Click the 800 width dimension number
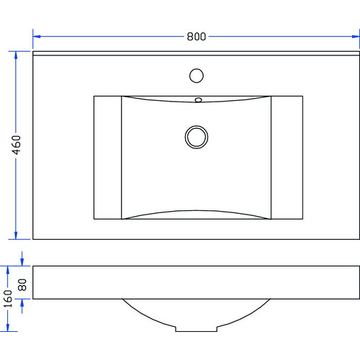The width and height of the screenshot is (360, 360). click(x=197, y=36)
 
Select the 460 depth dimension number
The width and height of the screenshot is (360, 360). click(x=17, y=144)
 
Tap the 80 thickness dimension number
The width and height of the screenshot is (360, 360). click(x=22, y=284)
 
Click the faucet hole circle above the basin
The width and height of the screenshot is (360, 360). click(x=196, y=74)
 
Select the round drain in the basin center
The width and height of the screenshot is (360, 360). click(x=196, y=135)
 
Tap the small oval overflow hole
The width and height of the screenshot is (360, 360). click(x=198, y=100)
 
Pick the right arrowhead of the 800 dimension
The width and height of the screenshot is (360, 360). click(x=356, y=36)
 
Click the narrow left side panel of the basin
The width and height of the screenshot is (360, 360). click(x=107, y=157)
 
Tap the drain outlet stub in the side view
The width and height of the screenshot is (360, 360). click(x=197, y=329)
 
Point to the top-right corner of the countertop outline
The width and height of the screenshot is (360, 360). click(x=359, y=52)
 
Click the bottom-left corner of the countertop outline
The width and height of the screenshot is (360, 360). click(x=33, y=239)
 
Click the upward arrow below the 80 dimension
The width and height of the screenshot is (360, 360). click(x=22, y=303)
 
